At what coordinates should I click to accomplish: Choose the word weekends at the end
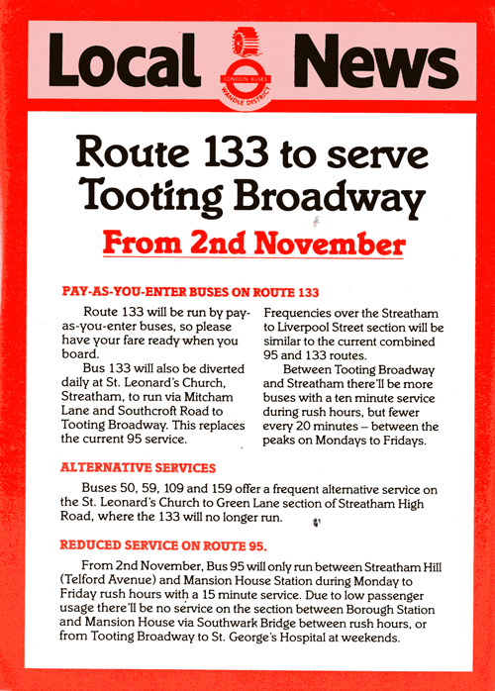pyautogui.click(x=369, y=641)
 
